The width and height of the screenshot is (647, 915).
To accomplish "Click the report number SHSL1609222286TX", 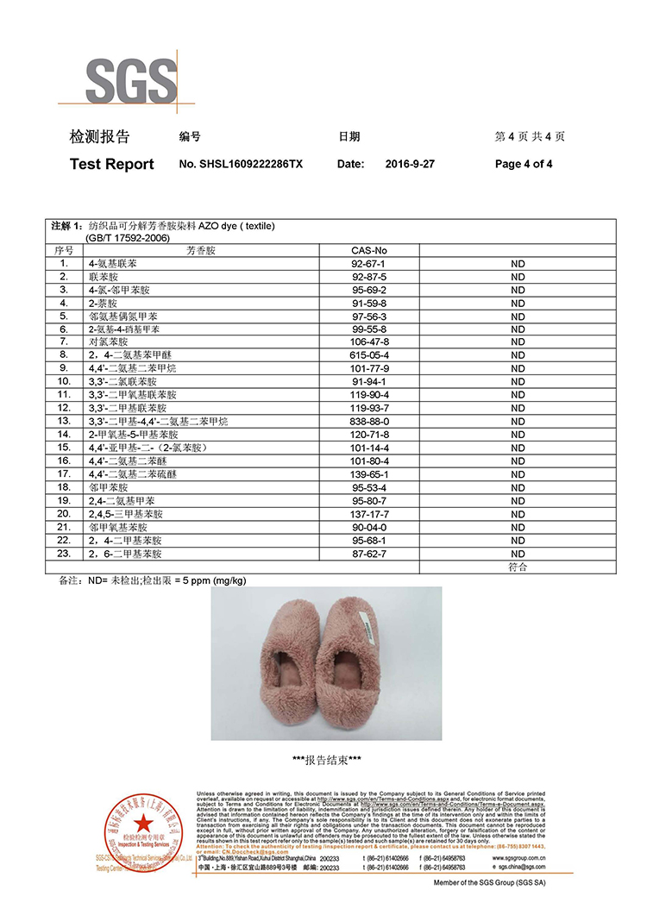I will pos(241,164).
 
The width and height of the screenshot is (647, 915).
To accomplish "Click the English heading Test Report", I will pos(111,164).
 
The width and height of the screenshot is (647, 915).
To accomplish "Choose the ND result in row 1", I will pos(518,263).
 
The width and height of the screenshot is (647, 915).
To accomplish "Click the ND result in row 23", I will pos(518,554).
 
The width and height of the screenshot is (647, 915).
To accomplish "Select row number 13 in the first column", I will pos(64,421).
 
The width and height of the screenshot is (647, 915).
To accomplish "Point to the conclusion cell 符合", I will pos(518,567).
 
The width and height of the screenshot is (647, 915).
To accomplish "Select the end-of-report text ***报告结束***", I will pos(326,760).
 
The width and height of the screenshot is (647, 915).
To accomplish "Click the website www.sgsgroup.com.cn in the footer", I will pos(518,859).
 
